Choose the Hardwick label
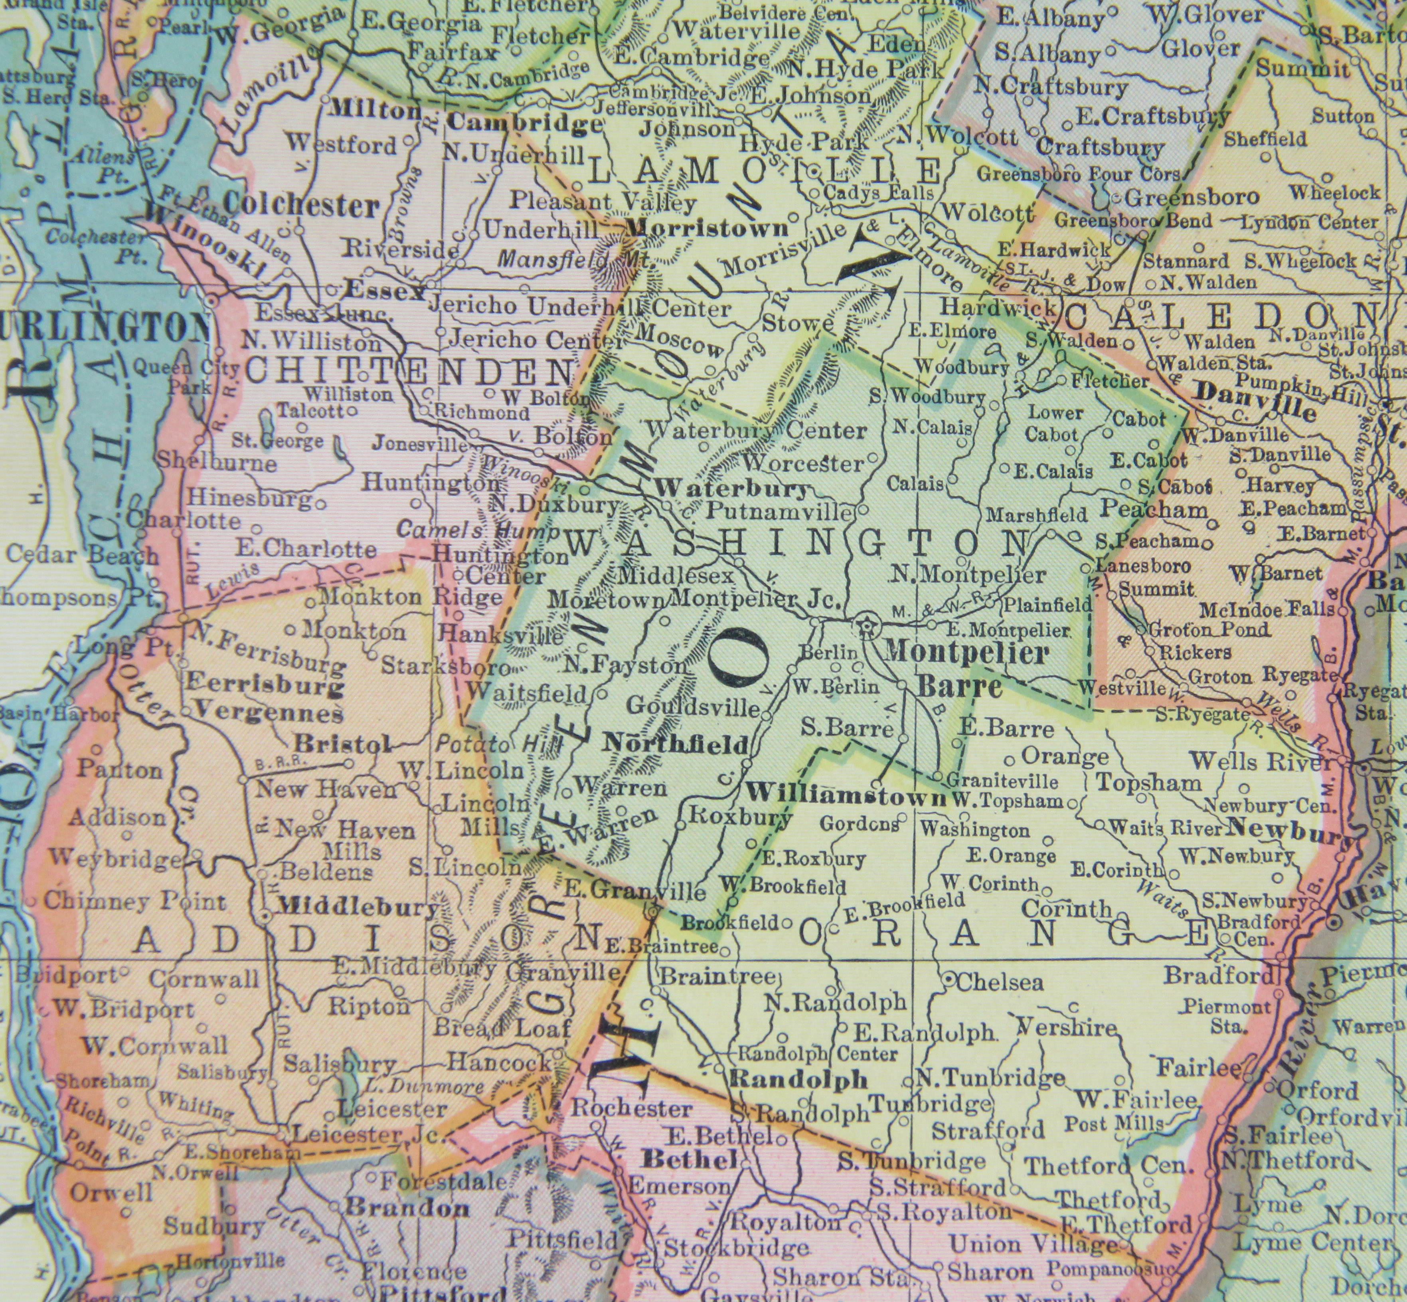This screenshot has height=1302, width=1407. pos(998,307)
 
